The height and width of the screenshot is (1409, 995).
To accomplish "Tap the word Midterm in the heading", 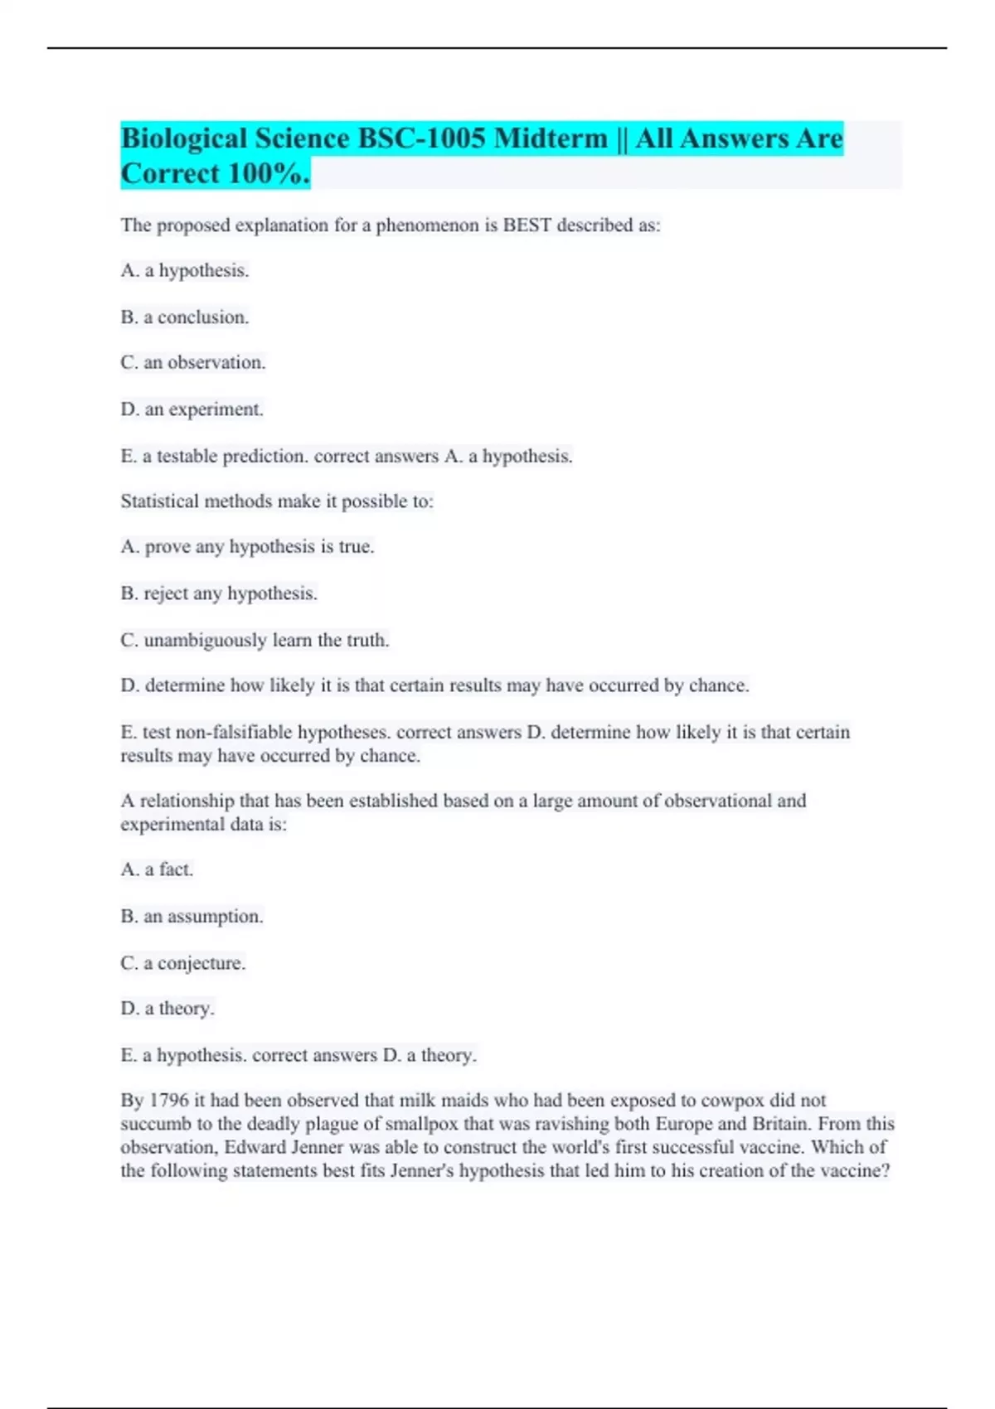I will coord(551,138).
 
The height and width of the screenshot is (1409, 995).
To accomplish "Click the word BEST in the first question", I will coord(527,225).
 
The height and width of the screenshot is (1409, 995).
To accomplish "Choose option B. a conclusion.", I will coord(185,317).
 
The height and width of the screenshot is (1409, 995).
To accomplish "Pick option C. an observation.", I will coord(193,363).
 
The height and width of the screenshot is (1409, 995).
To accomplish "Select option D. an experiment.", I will coord(192,409).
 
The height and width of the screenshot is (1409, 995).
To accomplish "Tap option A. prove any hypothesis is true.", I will coord(247,547).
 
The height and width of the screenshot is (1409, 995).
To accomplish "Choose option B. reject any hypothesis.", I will coord(219,593).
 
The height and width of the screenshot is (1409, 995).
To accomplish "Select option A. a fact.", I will coord(157,869).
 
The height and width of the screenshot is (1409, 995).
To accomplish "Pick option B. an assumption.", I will coord(192,917).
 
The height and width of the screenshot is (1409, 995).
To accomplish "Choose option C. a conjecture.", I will coord(183,963).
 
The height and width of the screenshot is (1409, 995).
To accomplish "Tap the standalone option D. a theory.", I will coord(167,1009).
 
